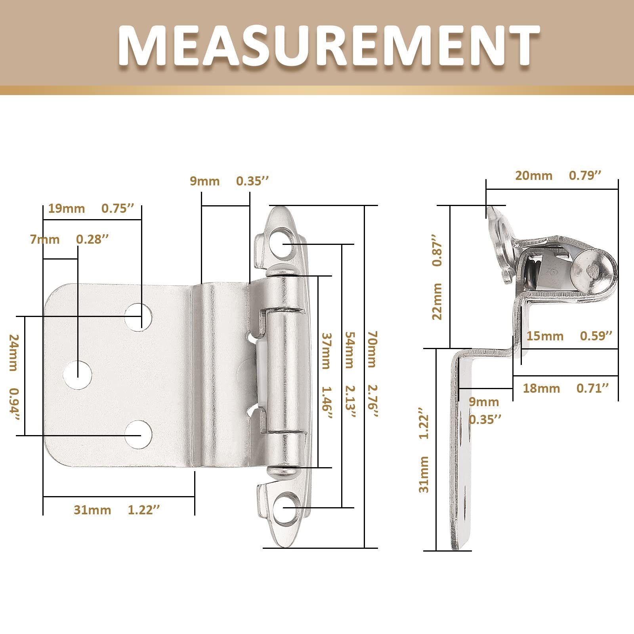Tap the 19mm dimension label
point(67,208)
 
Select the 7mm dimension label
point(45,240)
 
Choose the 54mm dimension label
point(349,350)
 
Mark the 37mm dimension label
point(325,351)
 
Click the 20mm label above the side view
point(534,176)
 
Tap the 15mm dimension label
point(545,336)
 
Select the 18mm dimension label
point(541,388)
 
